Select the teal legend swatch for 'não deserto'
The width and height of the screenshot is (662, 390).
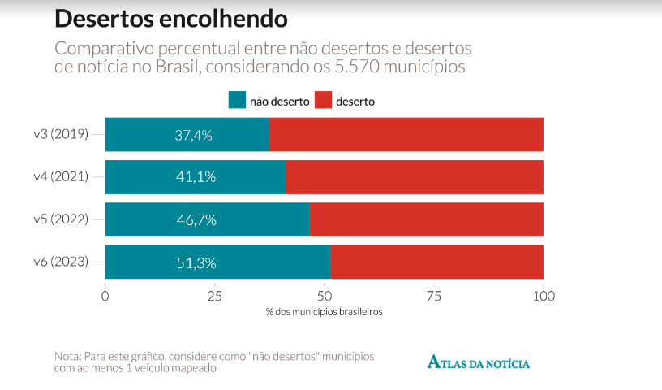coord(237,101)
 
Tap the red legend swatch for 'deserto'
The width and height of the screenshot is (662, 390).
coord(322,101)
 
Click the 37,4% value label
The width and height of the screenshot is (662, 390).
coord(193,135)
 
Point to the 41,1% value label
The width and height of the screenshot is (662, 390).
coord(196,177)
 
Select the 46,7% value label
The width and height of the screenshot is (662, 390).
coord(196,219)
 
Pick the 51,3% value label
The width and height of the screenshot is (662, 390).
coord(196,262)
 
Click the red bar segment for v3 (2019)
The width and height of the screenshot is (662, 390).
coord(406,135)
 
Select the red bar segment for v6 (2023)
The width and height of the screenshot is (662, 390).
coord(436,262)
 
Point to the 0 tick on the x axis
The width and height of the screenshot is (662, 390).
coord(105,296)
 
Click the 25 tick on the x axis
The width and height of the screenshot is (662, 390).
coord(215,296)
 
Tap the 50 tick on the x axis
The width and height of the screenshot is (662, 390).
coord(325,296)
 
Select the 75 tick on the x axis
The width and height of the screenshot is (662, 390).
coord(434,296)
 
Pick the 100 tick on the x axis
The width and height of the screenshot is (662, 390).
coord(543,296)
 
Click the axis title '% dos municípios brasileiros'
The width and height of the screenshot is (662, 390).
coord(324,312)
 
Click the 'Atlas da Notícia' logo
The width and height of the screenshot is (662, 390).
coord(479,362)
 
